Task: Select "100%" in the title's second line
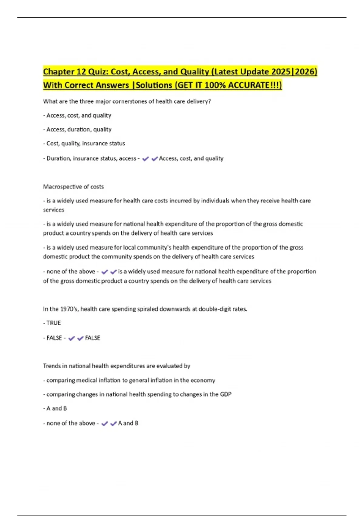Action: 215,85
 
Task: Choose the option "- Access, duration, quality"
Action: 77,129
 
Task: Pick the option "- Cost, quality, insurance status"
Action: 84,143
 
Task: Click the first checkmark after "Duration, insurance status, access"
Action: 145,159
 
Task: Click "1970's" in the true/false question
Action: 69,309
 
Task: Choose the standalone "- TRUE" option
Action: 52,323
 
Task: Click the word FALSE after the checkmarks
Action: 93,338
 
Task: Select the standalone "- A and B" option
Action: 55,408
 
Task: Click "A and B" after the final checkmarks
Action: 128,423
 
